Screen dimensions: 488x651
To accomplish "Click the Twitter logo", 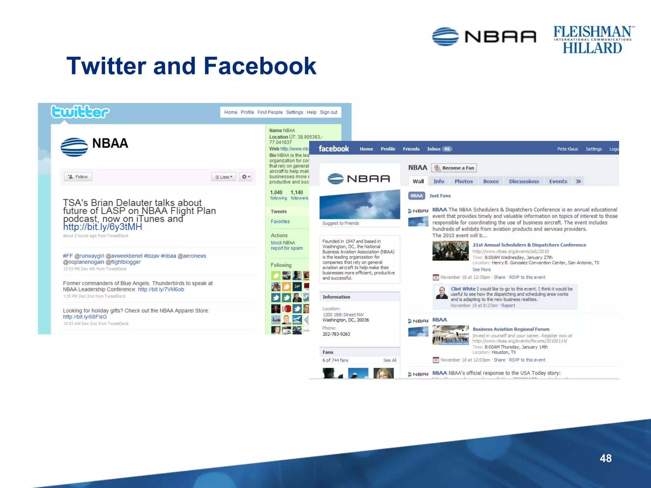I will pos(80,112).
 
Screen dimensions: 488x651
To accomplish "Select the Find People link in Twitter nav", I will pos(270,112).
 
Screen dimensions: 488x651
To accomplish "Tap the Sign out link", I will pos(328,112).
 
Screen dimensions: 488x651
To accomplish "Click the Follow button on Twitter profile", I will pos(78,177).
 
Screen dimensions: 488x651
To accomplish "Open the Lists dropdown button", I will pos(224,177).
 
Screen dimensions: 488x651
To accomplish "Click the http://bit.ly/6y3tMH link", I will pos(102,227).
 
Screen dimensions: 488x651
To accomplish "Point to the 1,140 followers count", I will pos(299,195).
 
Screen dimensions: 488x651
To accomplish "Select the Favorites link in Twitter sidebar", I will pos(280,221).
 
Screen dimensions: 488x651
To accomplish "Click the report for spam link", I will pos(286,248).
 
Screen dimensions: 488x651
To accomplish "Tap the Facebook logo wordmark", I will pos(334,149).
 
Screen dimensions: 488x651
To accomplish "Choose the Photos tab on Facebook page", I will pos(463,181).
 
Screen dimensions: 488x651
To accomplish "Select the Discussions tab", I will pos(524,181).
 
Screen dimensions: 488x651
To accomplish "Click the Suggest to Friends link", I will pos(340,223).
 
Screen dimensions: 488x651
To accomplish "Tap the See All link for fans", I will pos(389,360).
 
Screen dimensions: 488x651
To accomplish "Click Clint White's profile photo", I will pos(442,293).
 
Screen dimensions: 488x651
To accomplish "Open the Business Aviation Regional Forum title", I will pos(511,329).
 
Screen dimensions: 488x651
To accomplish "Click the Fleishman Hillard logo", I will pos(593,40).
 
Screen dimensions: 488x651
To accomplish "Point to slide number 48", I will pos(606,458).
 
